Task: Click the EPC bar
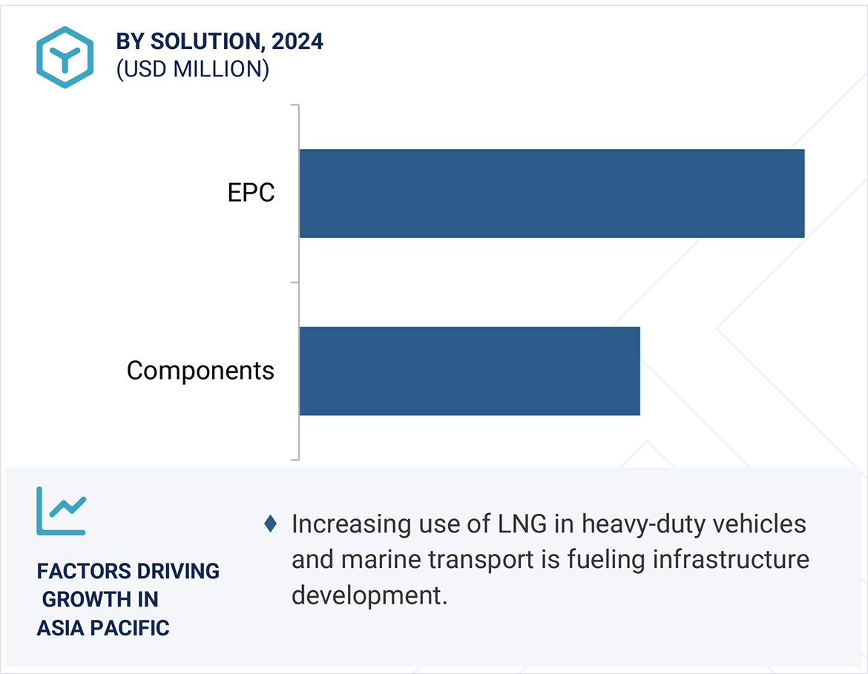click(551, 194)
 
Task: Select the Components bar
click(469, 371)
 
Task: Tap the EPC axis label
click(251, 194)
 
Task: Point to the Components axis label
click(200, 371)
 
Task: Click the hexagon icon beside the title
click(65, 57)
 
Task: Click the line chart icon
click(61, 511)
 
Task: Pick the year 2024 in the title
click(297, 42)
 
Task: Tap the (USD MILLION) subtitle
click(192, 69)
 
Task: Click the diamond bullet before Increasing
click(271, 524)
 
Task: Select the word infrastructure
click(731, 560)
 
